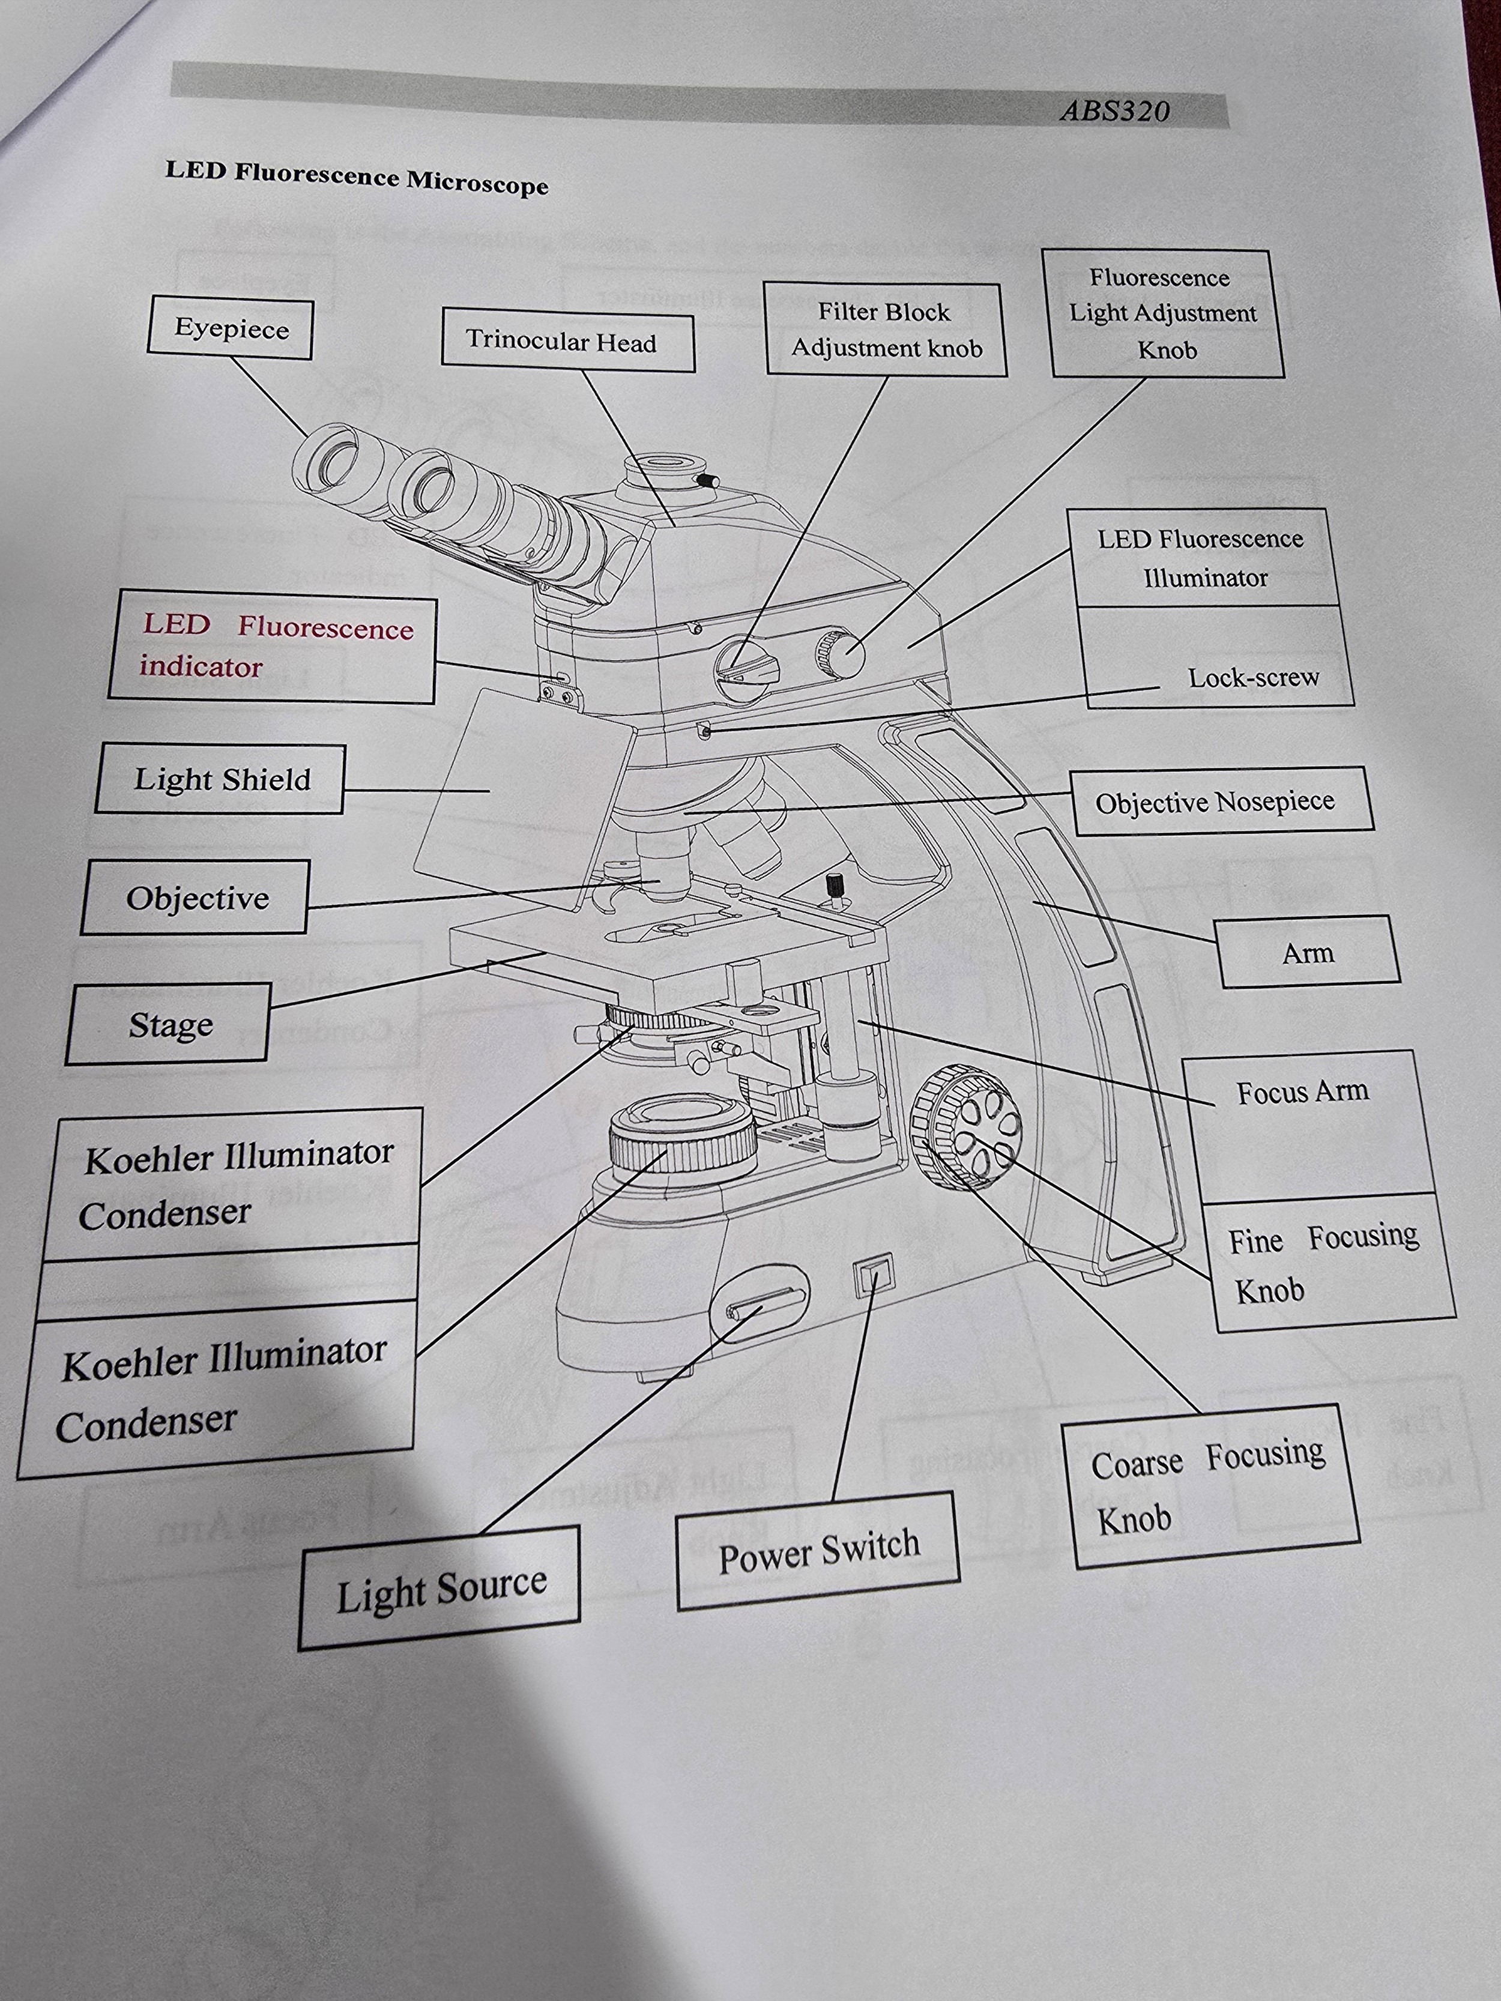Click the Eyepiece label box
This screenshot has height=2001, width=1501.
(x=231, y=329)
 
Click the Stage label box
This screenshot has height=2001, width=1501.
(x=169, y=1025)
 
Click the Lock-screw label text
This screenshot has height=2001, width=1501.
(x=1253, y=678)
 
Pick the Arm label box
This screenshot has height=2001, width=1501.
(x=1308, y=953)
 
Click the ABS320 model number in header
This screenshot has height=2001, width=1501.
(x=1115, y=111)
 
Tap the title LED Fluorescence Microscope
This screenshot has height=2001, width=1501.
(x=357, y=177)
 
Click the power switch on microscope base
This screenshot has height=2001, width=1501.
(x=873, y=1276)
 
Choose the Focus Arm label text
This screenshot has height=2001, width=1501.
(x=1302, y=1093)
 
